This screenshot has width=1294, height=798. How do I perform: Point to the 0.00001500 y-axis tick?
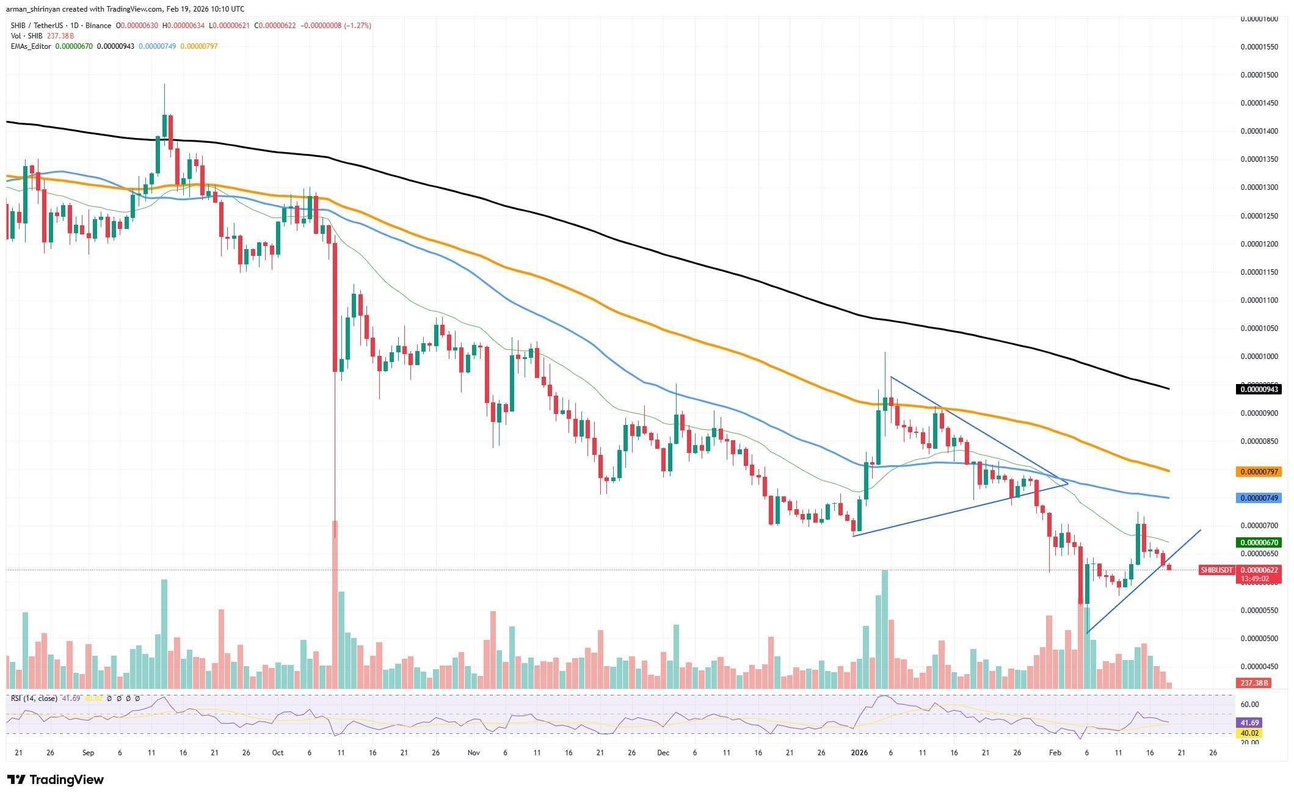(1258, 75)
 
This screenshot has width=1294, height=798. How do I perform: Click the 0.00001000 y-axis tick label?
(1258, 357)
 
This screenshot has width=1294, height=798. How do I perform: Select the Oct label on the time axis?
(278, 753)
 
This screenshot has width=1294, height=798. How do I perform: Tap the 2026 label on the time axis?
(859, 753)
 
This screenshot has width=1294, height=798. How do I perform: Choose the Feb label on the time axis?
(1055, 753)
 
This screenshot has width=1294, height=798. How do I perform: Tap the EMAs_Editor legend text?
(31, 46)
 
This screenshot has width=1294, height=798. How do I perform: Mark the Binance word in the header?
(98, 26)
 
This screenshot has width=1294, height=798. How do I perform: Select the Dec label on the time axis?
(663, 753)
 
